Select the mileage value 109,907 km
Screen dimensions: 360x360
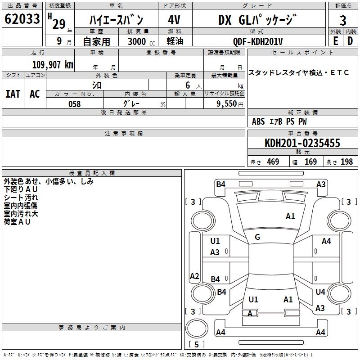pyautogui.click(x=52, y=65)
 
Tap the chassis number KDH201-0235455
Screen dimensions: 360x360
pyautogui.click(x=302, y=144)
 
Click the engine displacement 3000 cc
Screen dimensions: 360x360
pyautogui.click(x=139, y=41)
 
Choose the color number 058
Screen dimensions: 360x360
pyautogui.click(x=74, y=104)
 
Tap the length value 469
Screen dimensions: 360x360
pyautogui.click(x=273, y=162)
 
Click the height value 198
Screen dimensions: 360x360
pyautogui.click(x=346, y=162)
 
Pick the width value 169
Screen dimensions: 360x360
pyautogui.click(x=310, y=162)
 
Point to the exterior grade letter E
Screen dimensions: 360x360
pyautogui.click(x=335, y=41)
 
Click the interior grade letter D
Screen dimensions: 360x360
pyautogui.click(x=350, y=41)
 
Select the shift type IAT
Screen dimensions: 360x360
pyautogui.click(x=13, y=94)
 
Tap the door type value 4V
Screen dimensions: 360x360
pyautogui.click(x=174, y=20)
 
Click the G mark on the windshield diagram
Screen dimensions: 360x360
pyautogui.click(x=257, y=237)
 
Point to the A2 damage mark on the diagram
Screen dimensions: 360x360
pyautogui.click(x=194, y=276)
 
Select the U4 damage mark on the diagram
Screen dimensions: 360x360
pyautogui.click(x=320, y=292)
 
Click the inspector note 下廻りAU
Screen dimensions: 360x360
pyautogui.click(x=21, y=189)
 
